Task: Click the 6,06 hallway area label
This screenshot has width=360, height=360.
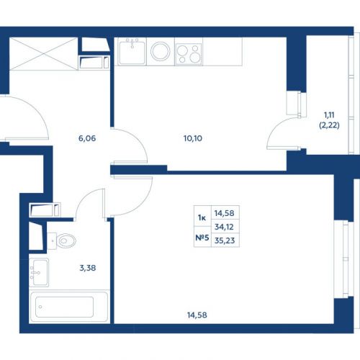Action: coord(87,138)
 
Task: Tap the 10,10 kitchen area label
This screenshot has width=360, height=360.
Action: coord(193,138)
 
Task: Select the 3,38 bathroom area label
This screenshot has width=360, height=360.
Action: coord(88,268)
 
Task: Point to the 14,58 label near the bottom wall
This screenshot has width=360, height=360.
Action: coord(197,315)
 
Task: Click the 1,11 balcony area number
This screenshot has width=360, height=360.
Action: coord(329,115)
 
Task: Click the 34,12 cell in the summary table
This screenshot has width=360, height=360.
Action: coord(224,227)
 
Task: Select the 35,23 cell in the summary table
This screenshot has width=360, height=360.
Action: coord(225,240)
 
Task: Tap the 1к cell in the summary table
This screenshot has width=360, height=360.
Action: coord(202,217)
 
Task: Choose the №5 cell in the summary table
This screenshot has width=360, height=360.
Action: coord(202,238)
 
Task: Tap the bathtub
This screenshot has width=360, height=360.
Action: coord(69,307)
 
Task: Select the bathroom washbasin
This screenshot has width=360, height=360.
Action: coord(39,273)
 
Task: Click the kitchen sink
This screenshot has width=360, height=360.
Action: coord(132,51)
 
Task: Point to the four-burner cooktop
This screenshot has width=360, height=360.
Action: coord(189,54)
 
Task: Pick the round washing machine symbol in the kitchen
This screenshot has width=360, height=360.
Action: coord(161,51)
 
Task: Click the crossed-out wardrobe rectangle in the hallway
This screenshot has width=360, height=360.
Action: coord(43,54)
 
